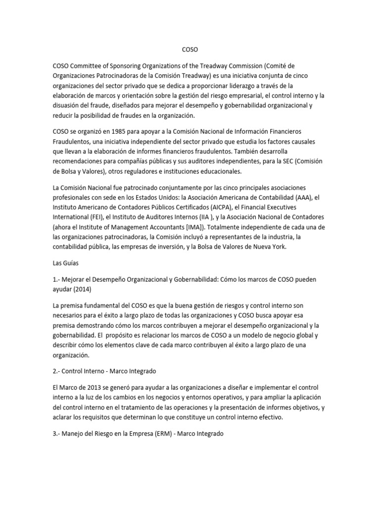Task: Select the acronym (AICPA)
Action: [224, 206]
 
